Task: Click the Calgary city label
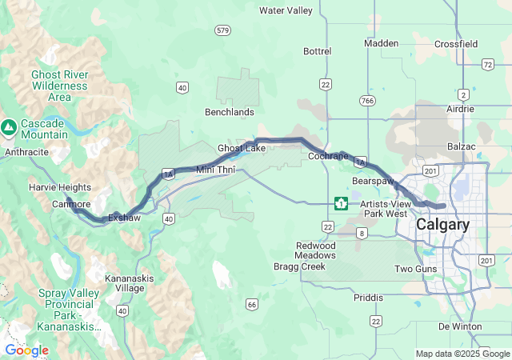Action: coord(442,225)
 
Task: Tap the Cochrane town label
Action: coord(328,156)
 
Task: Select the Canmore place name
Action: coord(71,204)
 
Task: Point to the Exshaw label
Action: coord(124,217)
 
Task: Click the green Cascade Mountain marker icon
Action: coord(9,126)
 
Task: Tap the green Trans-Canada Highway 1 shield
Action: coord(341,203)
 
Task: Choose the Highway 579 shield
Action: coord(223,30)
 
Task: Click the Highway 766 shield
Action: coord(367,100)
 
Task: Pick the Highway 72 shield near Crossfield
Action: coord(487,64)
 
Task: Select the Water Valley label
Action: coord(286,10)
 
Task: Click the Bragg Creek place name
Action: coord(299,266)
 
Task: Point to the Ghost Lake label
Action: coord(242,149)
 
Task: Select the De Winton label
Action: coord(460,326)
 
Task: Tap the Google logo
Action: coord(26,350)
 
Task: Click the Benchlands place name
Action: coord(230,112)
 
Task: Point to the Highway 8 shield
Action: coord(362,233)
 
